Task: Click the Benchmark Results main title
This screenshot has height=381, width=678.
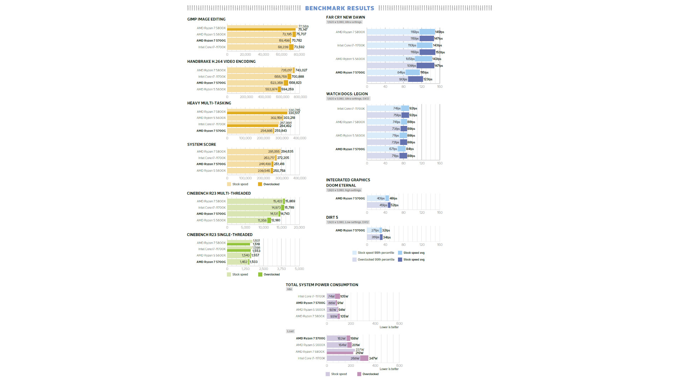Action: tap(339, 8)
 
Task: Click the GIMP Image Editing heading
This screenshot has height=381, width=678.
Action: tap(206, 19)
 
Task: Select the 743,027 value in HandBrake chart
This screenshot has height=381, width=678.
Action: tap(301, 70)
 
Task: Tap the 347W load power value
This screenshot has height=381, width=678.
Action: tap(373, 358)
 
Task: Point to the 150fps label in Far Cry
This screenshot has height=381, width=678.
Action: tap(440, 52)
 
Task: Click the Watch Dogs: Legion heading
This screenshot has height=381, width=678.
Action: tap(347, 94)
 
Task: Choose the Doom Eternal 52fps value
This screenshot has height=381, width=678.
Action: tap(394, 205)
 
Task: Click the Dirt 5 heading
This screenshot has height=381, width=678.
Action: tap(332, 217)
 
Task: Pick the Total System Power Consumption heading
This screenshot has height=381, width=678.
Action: tap(322, 285)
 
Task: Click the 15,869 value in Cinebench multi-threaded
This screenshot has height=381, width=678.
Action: tap(290, 201)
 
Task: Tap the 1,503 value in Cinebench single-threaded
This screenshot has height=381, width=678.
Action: tap(254, 262)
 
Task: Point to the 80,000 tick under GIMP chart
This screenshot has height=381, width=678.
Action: tap(299, 55)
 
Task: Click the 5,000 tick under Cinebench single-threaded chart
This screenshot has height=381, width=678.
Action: tap(299, 269)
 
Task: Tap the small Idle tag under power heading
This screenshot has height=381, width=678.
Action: tap(290, 289)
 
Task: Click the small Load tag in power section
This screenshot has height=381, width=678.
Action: tap(290, 331)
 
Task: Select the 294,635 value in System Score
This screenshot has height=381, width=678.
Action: tap(287, 152)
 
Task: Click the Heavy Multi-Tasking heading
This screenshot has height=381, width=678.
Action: tap(209, 103)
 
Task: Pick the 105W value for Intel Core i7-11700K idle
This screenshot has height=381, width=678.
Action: tap(344, 297)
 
